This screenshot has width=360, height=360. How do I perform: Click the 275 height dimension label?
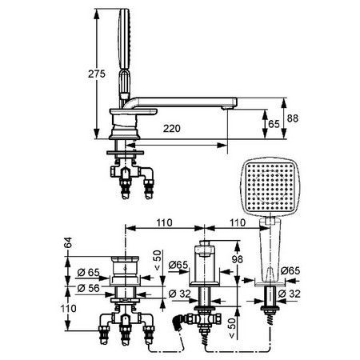pos(97,74)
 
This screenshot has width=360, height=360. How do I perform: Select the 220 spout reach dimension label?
pos(172,129)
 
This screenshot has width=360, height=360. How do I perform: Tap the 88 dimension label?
pos(293,118)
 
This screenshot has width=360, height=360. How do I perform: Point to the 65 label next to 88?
pos(274,124)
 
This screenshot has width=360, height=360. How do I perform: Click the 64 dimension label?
pos(69,242)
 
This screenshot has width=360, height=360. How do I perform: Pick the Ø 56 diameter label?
pos(88,288)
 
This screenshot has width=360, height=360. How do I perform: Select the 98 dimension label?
pos(237,259)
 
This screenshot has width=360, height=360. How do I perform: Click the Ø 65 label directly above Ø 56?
pos(88,273)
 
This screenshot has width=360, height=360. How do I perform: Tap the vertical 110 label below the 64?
pos(69,309)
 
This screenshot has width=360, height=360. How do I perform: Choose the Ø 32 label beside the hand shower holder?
pos(289,294)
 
